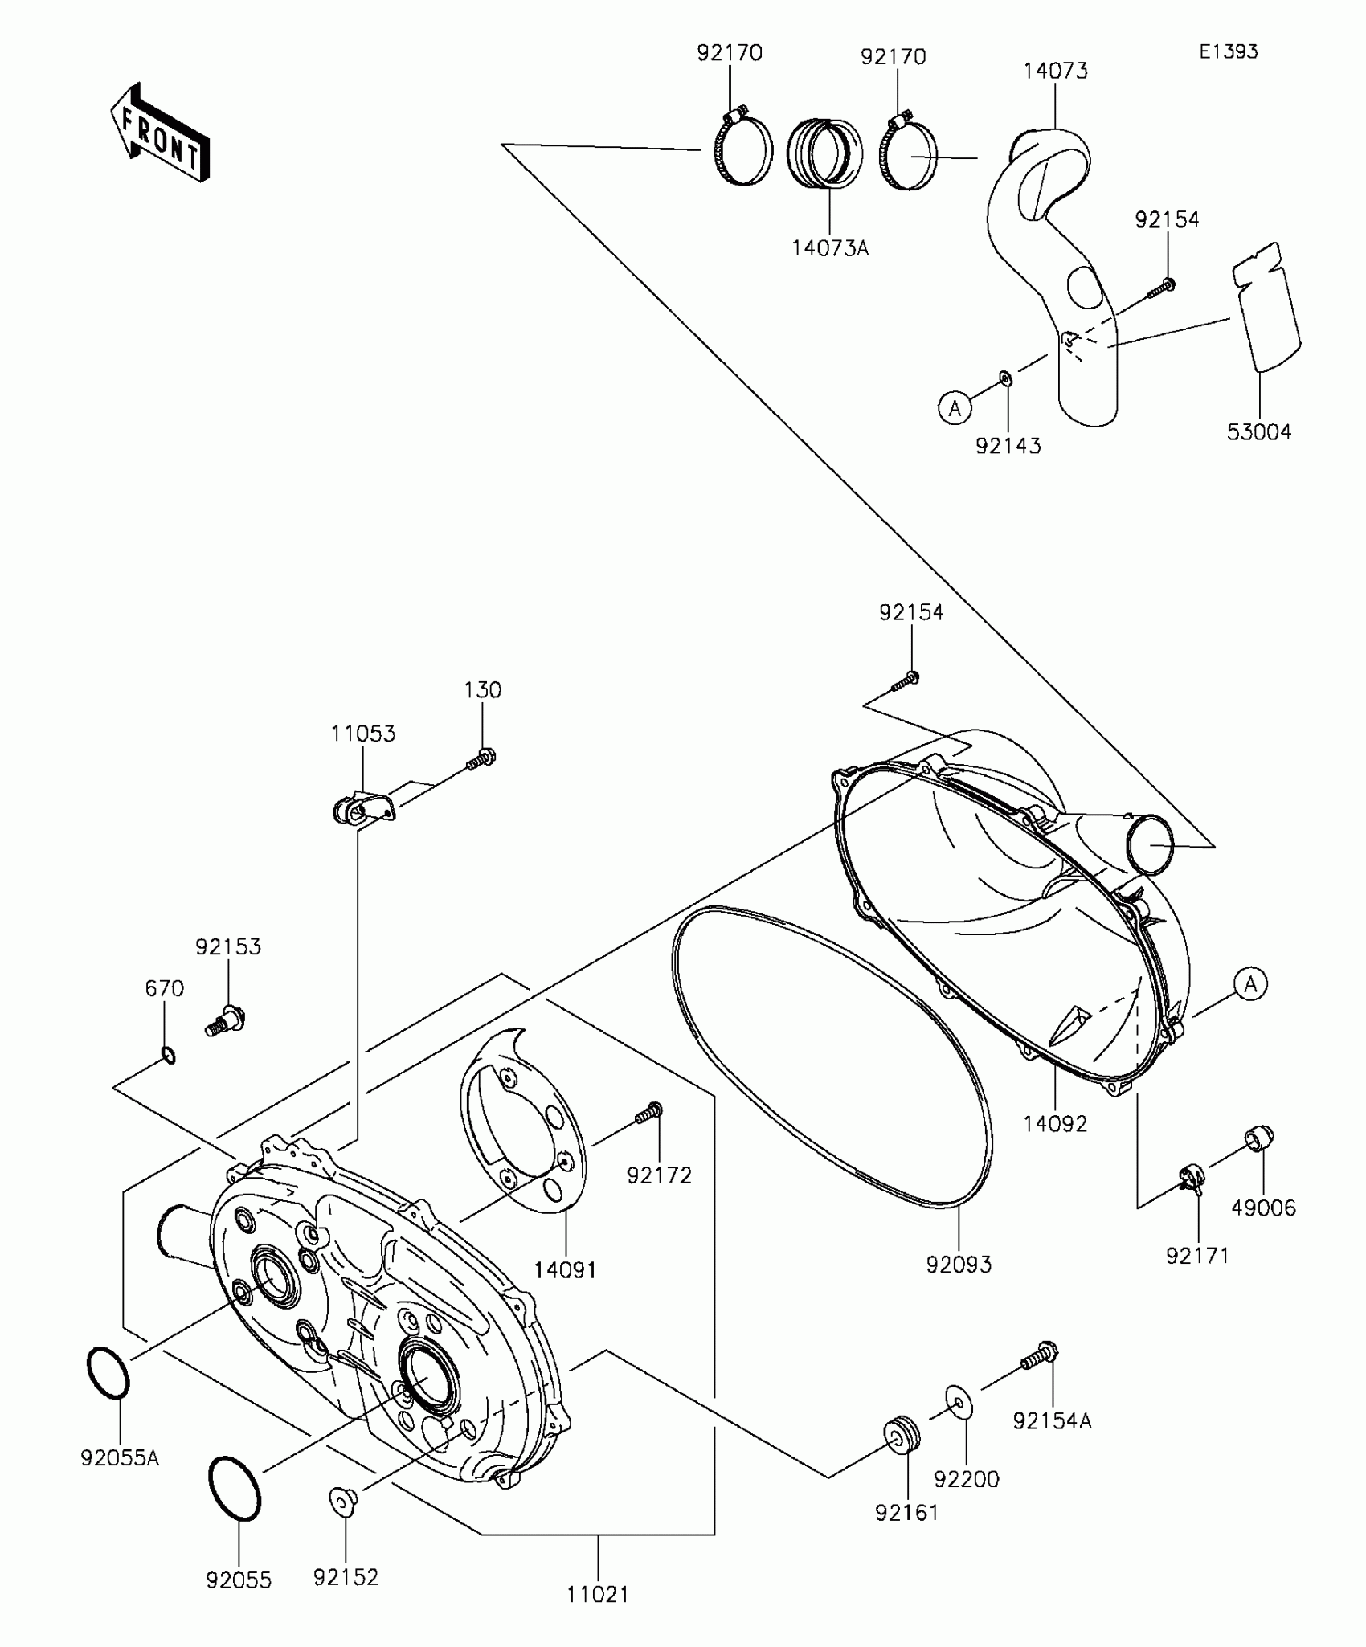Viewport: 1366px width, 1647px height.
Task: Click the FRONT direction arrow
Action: pyautogui.click(x=161, y=133)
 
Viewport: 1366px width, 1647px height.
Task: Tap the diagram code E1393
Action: pyautogui.click(x=1229, y=52)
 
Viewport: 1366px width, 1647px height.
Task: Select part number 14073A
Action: pyautogui.click(x=830, y=249)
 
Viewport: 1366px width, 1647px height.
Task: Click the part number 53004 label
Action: pyautogui.click(x=1259, y=432)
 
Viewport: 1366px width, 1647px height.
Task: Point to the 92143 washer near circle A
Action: pyautogui.click(x=1005, y=378)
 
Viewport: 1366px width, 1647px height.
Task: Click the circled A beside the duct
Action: pyautogui.click(x=955, y=409)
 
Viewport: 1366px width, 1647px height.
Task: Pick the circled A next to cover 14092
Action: pyautogui.click(x=1250, y=983)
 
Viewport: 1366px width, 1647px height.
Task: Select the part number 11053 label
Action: pyautogui.click(x=363, y=734)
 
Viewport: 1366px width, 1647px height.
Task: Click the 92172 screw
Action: pyautogui.click(x=648, y=1114)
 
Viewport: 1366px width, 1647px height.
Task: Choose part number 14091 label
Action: pyautogui.click(x=566, y=1270)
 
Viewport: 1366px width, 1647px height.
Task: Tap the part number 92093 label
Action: pyautogui.click(x=959, y=1265)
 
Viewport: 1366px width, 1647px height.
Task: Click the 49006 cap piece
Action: pyautogui.click(x=1259, y=1138)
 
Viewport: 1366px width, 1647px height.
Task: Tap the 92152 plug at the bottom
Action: pyautogui.click(x=344, y=1499)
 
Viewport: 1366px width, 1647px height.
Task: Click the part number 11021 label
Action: pyautogui.click(x=598, y=1595)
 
